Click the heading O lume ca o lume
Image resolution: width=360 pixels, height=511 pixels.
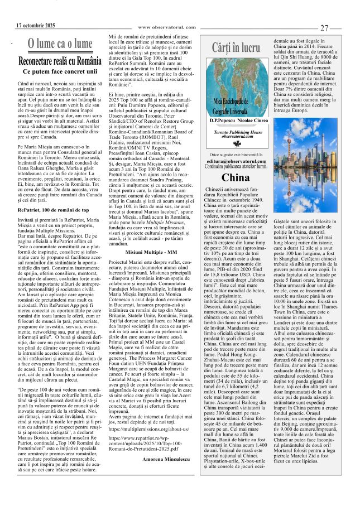[x=60, y=44]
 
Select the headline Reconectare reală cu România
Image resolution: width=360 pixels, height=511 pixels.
[x=60, y=60]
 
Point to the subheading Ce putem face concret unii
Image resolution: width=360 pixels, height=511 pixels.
[x=60, y=71]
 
